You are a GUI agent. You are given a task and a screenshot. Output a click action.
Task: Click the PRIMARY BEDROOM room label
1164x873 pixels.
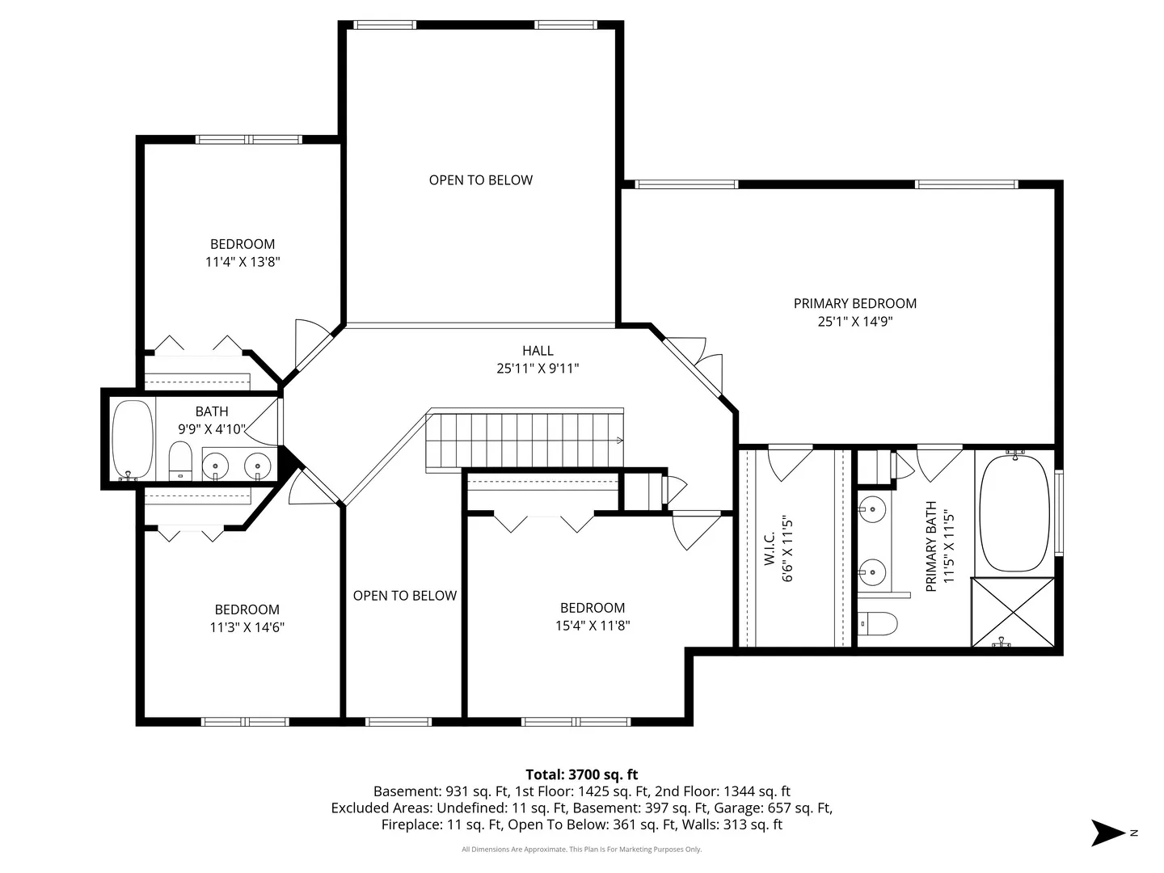[854, 303]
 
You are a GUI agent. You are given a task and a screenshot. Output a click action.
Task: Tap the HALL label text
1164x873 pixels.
[538, 350]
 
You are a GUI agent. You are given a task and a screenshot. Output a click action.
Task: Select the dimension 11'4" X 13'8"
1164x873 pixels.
[242, 261]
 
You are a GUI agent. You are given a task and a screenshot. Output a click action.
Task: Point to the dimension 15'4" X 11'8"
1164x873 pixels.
[593, 626]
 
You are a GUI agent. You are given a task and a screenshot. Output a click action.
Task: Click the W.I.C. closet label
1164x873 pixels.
[770, 548]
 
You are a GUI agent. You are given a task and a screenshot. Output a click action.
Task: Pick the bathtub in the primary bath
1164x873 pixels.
[1014, 513]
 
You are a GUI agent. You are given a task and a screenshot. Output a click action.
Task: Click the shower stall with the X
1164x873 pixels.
[1013, 612]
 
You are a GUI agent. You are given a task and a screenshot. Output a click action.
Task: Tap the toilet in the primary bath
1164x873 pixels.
[877, 623]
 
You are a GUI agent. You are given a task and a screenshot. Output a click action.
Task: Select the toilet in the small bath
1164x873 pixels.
[180, 461]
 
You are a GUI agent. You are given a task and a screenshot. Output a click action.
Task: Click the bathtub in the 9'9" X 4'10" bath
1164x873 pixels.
[133, 440]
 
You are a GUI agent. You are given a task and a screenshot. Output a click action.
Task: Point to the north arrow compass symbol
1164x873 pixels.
[1107, 833]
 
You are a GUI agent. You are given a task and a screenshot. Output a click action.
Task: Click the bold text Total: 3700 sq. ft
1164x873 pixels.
[582, 774]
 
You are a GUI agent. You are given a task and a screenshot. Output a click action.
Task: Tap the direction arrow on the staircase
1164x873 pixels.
[619, 440]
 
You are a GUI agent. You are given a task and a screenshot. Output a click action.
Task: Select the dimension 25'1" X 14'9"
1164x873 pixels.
[855, 321]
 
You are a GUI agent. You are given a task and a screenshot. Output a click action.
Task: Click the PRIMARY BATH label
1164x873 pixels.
[930, 546]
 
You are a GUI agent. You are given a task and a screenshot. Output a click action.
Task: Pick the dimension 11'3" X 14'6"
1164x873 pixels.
[247, 627]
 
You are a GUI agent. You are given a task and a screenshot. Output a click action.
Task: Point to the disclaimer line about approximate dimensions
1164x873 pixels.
[582, 849]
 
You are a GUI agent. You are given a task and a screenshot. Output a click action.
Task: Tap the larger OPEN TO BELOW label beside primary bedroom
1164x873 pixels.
[480, 180]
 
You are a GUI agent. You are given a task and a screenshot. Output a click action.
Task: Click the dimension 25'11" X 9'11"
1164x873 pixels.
[538, 369]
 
